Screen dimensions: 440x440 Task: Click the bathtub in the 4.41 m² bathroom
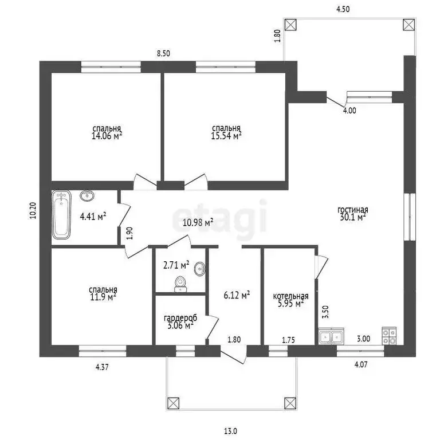[x=61, y=215]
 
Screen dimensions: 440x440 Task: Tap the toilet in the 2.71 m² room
[x=180, y=284]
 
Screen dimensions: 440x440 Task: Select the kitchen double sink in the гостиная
[x=331, y=336]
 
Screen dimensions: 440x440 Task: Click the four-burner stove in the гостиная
[x=389, y=336]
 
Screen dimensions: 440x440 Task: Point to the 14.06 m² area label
[x=107, y=136]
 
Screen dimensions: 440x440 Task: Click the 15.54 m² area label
[x=226, y=136]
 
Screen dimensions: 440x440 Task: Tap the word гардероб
[x=180, y=318]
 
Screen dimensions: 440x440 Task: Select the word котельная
[x=290, y=296]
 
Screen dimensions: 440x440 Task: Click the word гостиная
[x=353, y=210]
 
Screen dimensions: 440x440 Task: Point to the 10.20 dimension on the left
[x=33, y=210]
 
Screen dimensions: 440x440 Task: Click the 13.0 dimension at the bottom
[x=231, y=431]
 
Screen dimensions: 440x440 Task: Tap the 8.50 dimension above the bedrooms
[x=163, y=53]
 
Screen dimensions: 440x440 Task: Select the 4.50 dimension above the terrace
[x=343, y=9]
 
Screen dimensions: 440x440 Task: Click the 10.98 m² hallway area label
[x=198, y=222]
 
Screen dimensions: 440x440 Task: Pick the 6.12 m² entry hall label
[x=237, y=295]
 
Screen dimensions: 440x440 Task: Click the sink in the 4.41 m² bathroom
[x=87, y=195]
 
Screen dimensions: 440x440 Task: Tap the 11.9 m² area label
[x=103, y=297]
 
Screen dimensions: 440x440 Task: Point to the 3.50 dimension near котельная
[x=325, y=312]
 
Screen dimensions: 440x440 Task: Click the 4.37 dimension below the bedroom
[x=102, y=367]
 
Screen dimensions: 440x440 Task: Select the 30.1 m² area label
[x=353, y=217]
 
